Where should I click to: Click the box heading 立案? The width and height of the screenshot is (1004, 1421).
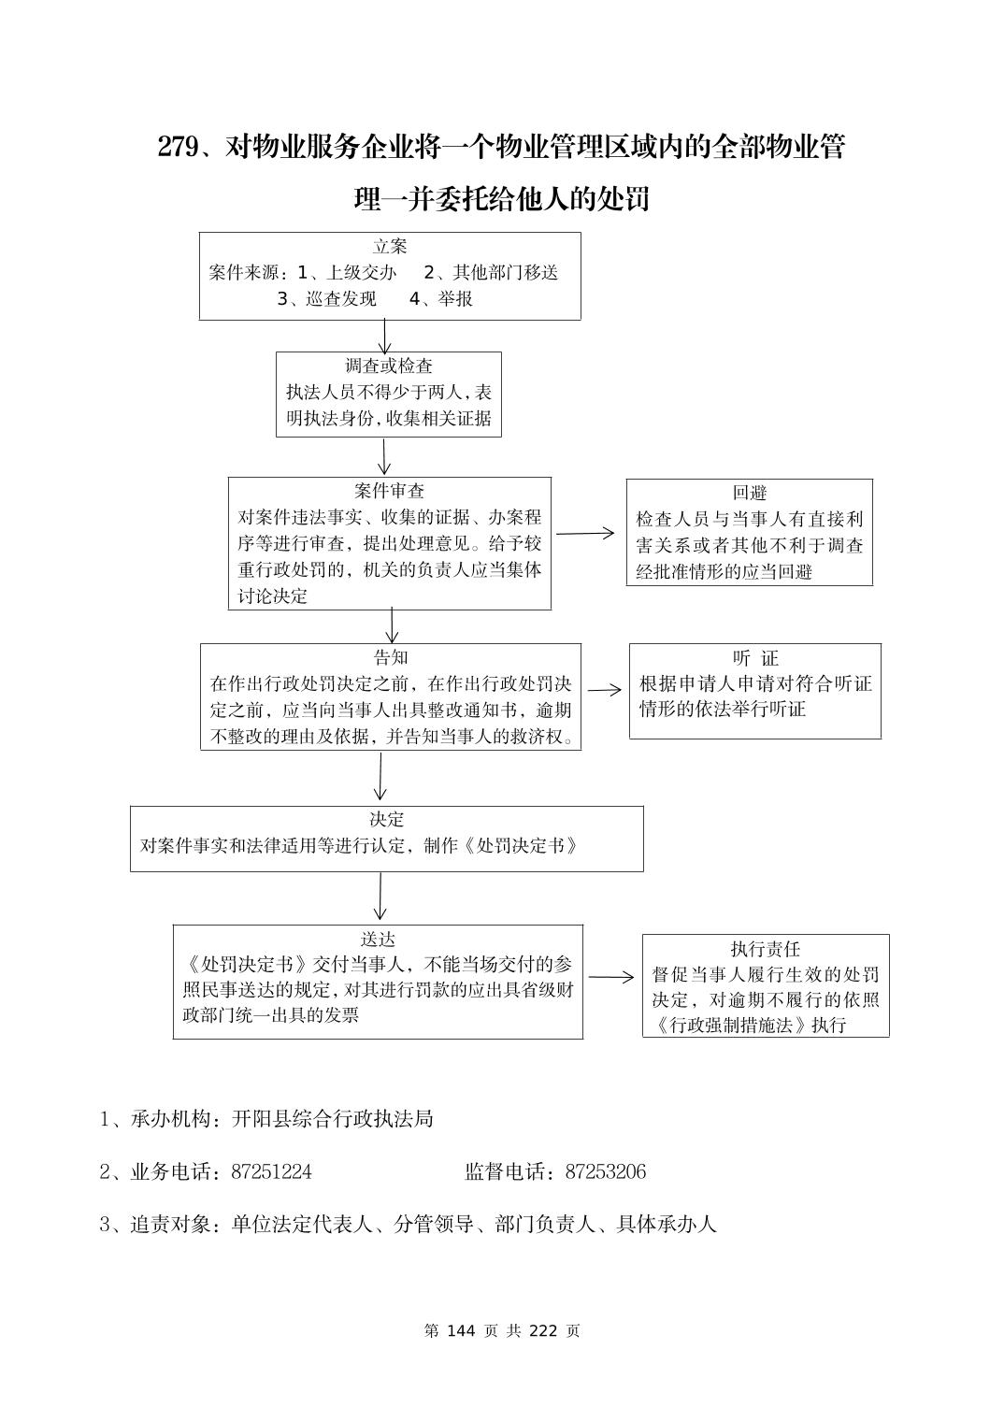click(390, 247)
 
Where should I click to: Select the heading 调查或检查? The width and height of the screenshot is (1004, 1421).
click(389, 366)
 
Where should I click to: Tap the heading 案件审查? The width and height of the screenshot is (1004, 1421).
click(390, 491)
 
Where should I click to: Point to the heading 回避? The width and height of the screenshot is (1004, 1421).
click(750, 493)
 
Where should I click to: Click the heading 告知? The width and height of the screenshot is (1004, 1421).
click(391, 657)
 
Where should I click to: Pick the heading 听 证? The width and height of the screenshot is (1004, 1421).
click(755, 658)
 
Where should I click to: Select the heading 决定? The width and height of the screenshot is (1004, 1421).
click(387, 819)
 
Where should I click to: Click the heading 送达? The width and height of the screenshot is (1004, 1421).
click(379, 939)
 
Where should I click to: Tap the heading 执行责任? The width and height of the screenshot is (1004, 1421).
click(766, 949)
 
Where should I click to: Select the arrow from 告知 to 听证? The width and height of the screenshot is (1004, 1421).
click(604, 690)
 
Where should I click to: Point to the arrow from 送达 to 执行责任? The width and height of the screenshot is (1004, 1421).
click(611, 978)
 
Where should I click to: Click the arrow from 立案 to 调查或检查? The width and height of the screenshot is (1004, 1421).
click(384, 336)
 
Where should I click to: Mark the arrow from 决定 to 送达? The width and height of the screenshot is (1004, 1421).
click(380, 897)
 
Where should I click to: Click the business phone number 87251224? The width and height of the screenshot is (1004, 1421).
click(271, 1171)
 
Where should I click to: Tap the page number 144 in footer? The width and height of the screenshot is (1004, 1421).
click(463, 1330)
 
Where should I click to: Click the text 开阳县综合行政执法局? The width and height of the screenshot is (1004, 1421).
click(333, 1118)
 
